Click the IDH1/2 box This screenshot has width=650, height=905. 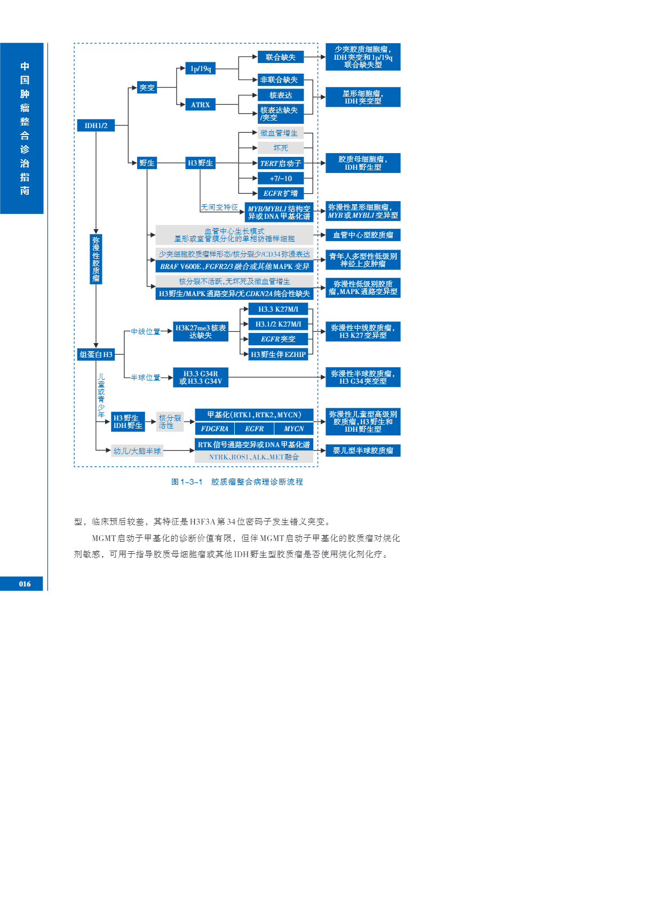[96, 125]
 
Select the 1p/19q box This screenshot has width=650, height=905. [201, 68]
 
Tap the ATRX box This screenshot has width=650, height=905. [201, 105]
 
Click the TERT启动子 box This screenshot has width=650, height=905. [281, 163]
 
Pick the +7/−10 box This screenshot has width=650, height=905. [281, 178]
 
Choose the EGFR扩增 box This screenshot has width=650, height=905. [281, 193]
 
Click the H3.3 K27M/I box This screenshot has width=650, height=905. [278, 309]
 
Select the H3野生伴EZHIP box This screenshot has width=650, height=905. [278, 354]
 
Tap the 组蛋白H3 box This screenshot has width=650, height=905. [96, 354]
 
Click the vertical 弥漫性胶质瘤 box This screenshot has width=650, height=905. [96, 259]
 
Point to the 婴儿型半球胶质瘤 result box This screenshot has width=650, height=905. [363, 450]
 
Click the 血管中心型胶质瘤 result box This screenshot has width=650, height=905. [363, 235]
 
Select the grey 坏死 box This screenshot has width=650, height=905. [281, 148]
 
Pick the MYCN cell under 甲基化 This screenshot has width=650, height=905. [294, 428]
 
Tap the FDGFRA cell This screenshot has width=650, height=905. [215, 428]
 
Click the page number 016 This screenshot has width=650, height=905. [25, 584]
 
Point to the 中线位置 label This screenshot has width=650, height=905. [146, 331]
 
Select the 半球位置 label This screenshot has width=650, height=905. [146, 377]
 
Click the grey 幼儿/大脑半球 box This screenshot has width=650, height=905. [137, 451]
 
